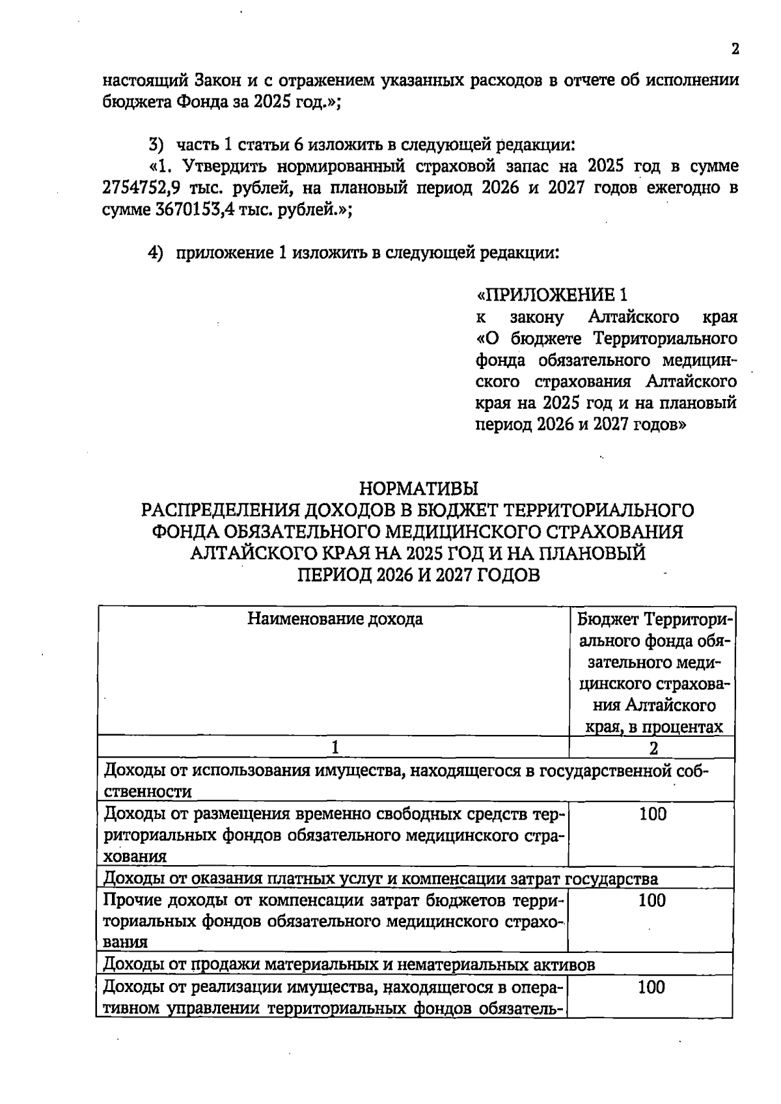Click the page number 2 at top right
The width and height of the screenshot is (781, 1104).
735,49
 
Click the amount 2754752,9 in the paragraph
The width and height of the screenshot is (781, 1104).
141,188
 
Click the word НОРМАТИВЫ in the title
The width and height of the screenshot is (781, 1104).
418,488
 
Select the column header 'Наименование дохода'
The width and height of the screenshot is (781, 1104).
335,618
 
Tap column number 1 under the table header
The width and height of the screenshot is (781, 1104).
335,748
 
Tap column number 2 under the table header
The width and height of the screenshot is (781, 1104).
653,748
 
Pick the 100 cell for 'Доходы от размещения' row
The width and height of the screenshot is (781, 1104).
652,814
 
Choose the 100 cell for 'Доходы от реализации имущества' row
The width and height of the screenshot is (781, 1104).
651,987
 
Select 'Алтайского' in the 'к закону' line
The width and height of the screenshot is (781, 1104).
634,317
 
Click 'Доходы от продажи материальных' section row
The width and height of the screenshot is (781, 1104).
349,965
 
